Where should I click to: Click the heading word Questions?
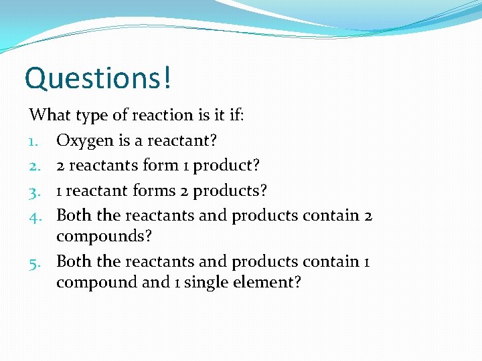(98, 78)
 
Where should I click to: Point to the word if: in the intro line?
(236, 115)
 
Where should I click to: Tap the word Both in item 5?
(74, 261)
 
